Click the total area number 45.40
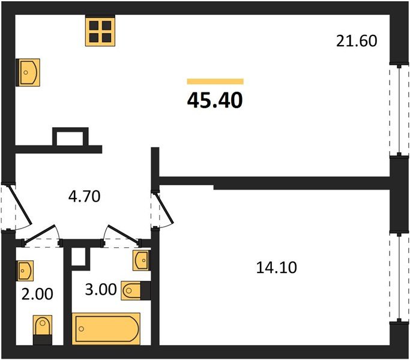coord(215,100)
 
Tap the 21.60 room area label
coord(357,41)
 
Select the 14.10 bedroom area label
coord(276,268)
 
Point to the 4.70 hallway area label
coord(84,196)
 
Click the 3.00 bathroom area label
coord(101,289)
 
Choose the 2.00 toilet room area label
coord(37,294)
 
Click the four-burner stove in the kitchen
coord(100,31)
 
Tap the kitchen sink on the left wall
coord(28,73)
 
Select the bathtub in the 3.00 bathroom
coord(106,329)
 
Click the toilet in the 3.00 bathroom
coord(136,290)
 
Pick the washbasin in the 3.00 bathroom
coord(142,260)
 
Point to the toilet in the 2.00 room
coord(43,330)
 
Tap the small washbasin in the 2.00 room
coord(25,271)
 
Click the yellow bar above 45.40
coord(215,82)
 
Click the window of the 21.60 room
coord(399,110)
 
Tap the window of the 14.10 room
coord(399,277)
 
